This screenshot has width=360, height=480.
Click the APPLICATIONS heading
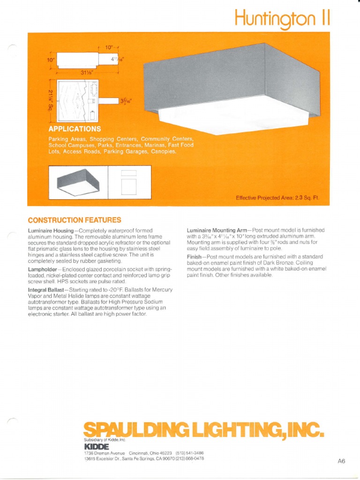tap(75, 128)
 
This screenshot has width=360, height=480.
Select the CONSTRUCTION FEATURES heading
tap(75, 220)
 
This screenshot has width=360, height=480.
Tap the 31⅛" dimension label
tap(87, 72)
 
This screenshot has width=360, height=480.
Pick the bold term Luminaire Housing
tap(52, 231)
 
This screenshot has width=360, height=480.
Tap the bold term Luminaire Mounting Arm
tap(217, 231)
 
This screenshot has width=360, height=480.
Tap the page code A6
tap(341, 461)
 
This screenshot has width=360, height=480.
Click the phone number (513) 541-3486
tap(189, 453)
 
